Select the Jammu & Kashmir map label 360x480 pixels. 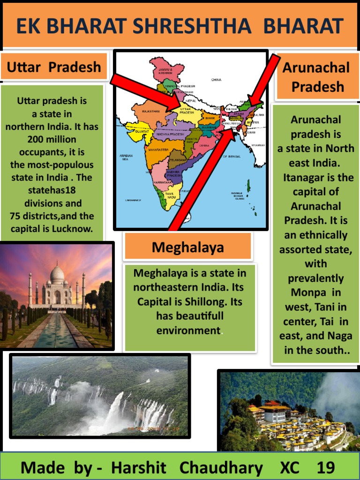point(165,71)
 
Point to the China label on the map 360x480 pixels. point(216,80)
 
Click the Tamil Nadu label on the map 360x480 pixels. point(170,195)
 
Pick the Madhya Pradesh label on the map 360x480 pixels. point(170,134)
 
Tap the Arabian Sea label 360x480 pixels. point(125,157)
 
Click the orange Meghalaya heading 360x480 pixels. point(188,247)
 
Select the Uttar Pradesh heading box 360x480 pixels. point(54,67)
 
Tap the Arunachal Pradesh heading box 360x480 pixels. point(316,77)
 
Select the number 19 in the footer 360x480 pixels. point(326,467)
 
